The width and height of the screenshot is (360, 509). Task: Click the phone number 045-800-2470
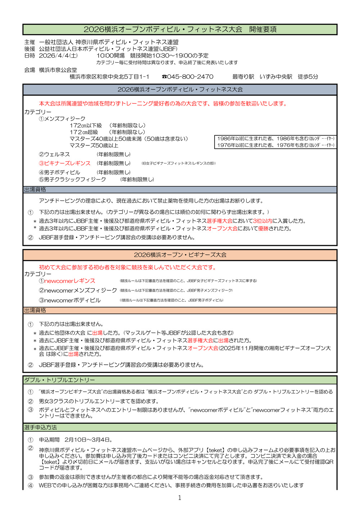point(190,77)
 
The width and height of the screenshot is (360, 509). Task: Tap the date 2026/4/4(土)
point(58,55)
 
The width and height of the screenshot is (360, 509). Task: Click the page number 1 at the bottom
point(180,498)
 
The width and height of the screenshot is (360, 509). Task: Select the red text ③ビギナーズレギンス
point(65,163)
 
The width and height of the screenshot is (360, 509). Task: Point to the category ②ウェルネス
point(54,154)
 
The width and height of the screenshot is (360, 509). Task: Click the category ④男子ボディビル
point(59,172)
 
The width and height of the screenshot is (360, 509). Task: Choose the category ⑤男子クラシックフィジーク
point(72,179)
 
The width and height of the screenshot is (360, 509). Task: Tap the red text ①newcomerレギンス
point(67,281)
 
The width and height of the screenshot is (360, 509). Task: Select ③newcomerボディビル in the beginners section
point(70,300)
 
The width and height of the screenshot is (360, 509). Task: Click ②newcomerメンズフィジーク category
point(78,290)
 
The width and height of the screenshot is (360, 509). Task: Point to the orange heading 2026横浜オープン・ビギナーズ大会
point(180,255)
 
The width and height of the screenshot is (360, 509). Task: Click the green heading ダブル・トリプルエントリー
point(60,380)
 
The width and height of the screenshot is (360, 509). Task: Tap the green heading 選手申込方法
point(41,427)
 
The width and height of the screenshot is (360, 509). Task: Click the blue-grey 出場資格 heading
point(35,189)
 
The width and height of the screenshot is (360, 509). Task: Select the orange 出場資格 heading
point(35,310)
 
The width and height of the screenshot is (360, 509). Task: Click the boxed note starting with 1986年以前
point(276,139)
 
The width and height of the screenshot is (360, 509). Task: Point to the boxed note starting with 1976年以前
point(276,145)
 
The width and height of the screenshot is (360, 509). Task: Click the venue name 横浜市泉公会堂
point(58,70)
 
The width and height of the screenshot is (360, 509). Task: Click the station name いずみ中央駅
point(276,77)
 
